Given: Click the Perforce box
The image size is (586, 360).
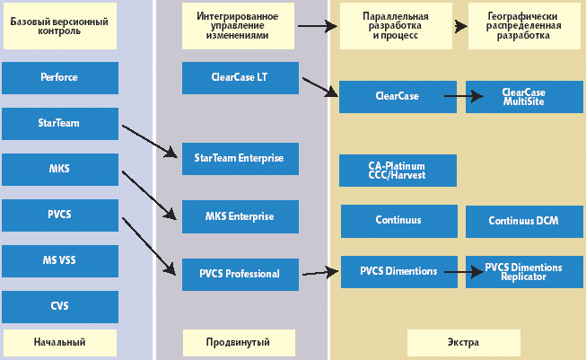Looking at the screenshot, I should (x=59, y=77).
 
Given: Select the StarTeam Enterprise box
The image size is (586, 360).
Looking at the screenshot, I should (x=239, y=158).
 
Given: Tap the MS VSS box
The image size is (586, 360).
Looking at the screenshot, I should (x=59, y=260).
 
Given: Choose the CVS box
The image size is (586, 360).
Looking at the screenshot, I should (x=59, y=306).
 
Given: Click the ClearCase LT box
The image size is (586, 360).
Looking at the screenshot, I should (x=239, y=77).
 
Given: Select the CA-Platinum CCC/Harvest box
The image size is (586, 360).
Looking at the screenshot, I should (x=398, y=171).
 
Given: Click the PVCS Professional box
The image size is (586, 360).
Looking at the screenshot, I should (x=239, y=274).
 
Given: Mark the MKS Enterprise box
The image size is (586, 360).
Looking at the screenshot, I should (x=239, y=216).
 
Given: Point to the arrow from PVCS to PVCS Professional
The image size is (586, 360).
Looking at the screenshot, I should (x=149, y=245).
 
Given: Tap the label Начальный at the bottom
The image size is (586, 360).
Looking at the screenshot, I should (x=59, y=342).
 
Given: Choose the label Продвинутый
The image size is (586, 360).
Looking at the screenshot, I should (x=239, y=342).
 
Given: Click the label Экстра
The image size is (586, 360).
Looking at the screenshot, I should (x=463, y=342).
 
